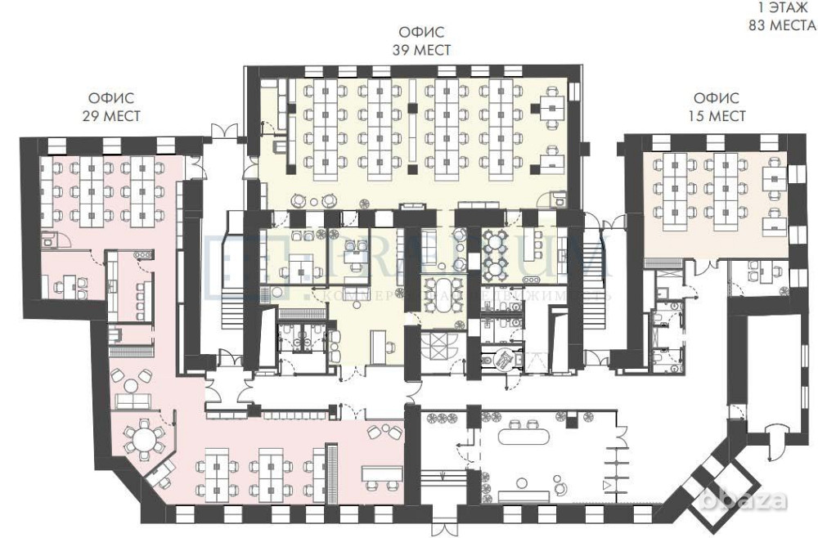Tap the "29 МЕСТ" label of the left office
110,116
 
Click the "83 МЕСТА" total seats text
780,25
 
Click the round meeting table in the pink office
145,442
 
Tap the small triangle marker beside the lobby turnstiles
606,486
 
